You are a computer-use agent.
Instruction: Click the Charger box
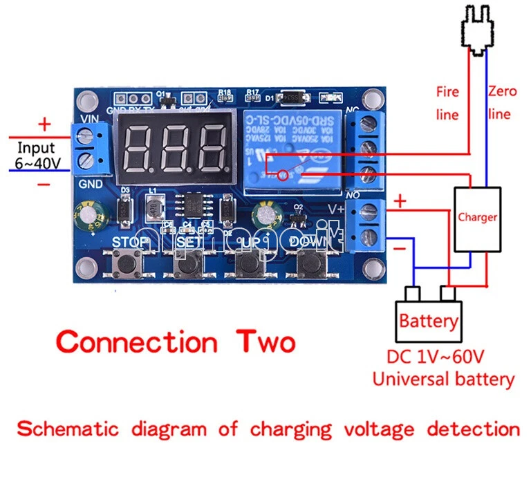(477, 218)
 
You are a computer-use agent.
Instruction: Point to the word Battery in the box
(429, 321)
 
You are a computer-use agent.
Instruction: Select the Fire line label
(447, 102)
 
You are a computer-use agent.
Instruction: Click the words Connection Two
(176, 342)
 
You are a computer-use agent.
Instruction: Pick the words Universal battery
(443, 379)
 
